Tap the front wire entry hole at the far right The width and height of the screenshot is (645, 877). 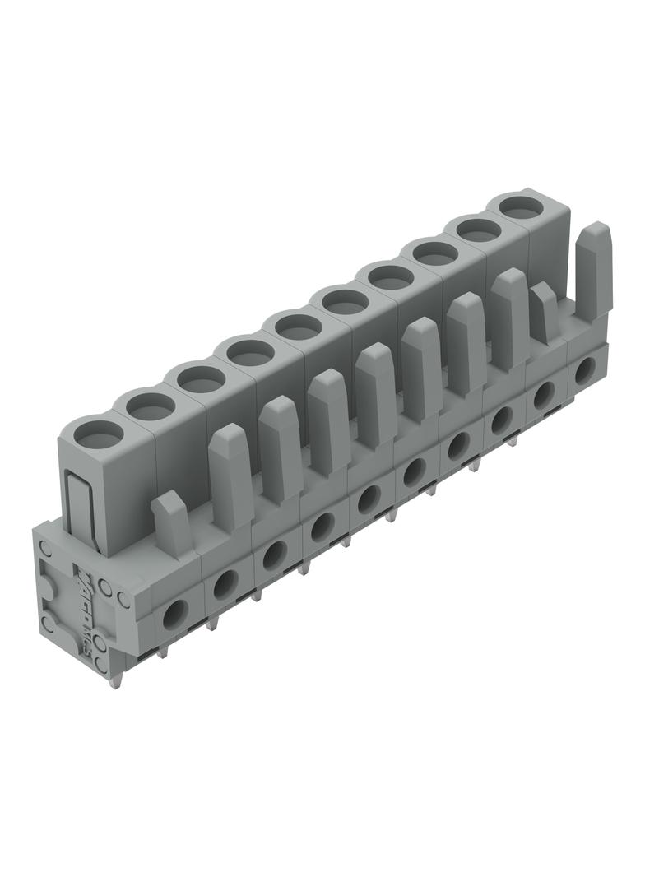point(585,370)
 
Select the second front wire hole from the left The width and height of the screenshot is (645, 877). point(224,584)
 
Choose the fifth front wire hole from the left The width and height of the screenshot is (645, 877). point(369,499)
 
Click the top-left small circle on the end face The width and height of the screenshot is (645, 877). point(47,547)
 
